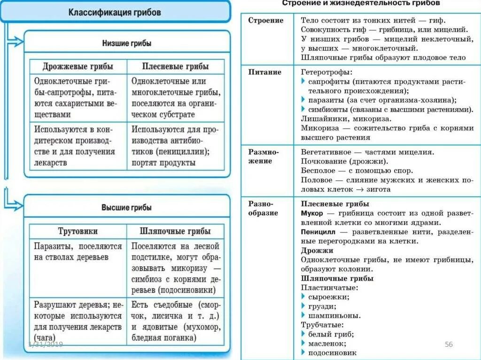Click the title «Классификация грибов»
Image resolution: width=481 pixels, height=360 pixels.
(115, 12)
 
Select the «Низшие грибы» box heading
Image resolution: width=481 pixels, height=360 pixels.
(127, 43)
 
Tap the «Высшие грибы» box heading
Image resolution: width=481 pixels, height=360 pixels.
(127, 207)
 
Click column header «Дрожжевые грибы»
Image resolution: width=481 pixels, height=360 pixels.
(78, 67)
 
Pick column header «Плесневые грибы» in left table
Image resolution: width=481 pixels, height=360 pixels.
(175, 67)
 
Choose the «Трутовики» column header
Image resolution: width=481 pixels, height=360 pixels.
(78, 231)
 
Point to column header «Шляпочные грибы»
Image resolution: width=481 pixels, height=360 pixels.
(175, 231)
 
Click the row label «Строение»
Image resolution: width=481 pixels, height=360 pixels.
(266, 21)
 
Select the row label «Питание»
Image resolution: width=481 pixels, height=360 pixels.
(265, 72)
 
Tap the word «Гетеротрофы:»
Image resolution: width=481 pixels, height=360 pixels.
(326, 73)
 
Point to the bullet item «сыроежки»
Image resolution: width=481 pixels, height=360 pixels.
(328, 297)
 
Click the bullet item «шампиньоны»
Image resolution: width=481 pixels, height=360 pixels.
(334, 315)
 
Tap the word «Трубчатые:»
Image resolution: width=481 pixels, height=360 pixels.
(322, 325)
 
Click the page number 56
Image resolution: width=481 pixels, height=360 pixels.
(449, 345)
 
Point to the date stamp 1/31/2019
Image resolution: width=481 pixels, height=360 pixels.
(46, 345)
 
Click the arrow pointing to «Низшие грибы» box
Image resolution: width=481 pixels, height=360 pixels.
(16, 42)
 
